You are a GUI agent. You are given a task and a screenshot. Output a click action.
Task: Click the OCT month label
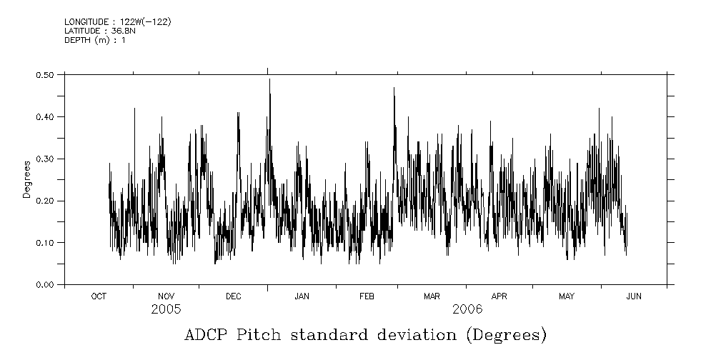99,296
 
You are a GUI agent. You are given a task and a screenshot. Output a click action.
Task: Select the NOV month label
166,296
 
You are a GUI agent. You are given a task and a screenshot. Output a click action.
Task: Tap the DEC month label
234,296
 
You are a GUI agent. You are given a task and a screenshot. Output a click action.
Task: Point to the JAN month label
302,296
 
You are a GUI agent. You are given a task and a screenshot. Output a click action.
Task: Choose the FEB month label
367,296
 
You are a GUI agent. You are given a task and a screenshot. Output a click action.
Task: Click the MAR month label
432,296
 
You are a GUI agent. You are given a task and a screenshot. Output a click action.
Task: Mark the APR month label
499,296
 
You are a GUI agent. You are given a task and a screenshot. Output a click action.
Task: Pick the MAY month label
567,296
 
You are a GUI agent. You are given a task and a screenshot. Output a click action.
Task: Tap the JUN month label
633,296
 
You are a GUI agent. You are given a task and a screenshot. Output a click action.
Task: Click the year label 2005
166,309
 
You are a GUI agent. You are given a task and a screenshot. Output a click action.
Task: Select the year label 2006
467,309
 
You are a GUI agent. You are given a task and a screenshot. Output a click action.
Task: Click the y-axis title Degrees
27,179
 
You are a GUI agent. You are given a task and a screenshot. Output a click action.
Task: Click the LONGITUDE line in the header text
117,22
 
